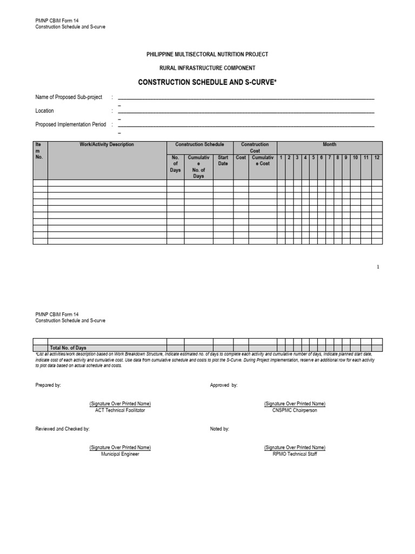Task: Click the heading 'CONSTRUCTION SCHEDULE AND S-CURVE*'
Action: point(207,82)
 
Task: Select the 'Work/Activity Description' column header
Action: point(107,145)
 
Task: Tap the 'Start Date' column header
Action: point(223,161)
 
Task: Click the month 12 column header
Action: point(377,157)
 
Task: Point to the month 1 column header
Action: point(281,157)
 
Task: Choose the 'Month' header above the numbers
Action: point(330,145)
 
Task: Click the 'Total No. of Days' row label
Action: point(68,348)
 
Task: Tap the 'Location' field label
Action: point(45,111)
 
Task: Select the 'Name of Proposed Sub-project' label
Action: point(69,97)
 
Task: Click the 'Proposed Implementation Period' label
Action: point(71,124)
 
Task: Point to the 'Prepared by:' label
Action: point(48,385)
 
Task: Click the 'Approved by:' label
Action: point(224,385)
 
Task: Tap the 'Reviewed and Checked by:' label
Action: point(63,428)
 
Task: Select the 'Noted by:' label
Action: point(219,428)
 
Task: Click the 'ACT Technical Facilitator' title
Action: point(120,410)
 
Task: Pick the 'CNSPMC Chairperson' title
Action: point(294,410)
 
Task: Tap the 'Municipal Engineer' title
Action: point(120,454)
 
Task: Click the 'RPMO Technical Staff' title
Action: point(294,454)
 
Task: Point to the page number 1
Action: point(378,267)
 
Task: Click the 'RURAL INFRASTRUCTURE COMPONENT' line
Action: point(207,68)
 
